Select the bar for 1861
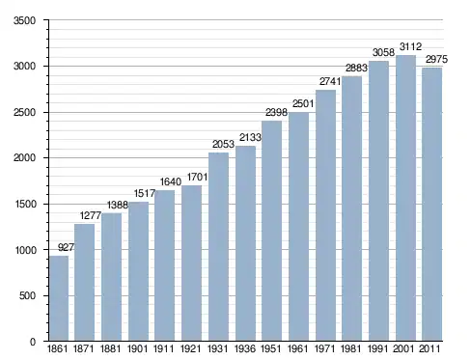tap(59, 298)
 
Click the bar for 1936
tap(245, 243)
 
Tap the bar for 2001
tap(405, 198)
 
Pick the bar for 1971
tap(325, 215)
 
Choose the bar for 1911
tap(164, 265)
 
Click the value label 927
tap(66, 247)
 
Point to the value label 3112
tap(410, 47)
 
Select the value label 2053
tap(223, 144)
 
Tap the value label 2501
tap(303, 103)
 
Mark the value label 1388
tap(118, 205)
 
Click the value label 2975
tap(436, 59)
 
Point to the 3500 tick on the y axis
tap(24, 20)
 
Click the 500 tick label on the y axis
tap(27, 296)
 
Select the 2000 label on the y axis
tap(24, 158)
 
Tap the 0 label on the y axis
tap(33, 342)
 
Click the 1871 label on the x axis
tap(84, 348)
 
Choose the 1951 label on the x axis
tap(271, 348)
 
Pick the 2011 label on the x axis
tap(429, 348)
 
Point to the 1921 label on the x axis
tap(190, 348)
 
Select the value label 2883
tap(356, 68)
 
